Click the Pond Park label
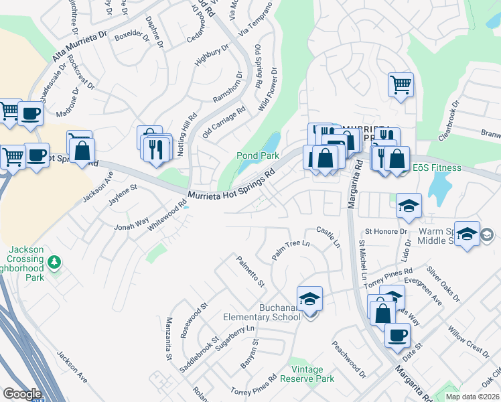click(258, 155)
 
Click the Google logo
click(22, 394)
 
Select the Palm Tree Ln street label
click(292, 251)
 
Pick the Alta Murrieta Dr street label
click(79, 46)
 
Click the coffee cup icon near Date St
click(397, 335)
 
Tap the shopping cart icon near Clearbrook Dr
click(401, 85)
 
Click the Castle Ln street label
click(328, 237)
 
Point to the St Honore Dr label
click(386, 231)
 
